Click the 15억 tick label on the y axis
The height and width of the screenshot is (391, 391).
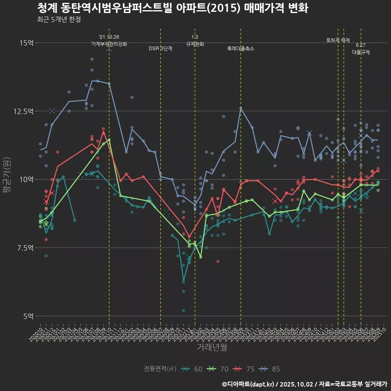coord(26,43)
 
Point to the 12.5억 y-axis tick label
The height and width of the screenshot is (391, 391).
coord(24,111)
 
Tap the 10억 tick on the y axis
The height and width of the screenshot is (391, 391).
coord(26,179)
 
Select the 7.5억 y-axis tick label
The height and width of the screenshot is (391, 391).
coord(25,248)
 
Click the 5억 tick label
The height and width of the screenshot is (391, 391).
coord(28,316)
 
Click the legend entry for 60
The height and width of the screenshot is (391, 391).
coord(192,369)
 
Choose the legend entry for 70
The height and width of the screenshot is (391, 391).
coord(218,369)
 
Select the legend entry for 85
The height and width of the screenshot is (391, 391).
coord(270,369)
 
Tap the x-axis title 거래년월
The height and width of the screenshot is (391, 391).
coord(212,347)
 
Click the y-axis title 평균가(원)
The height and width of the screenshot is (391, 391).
coord(7,179)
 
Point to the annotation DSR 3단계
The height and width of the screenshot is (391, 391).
coord(160,48)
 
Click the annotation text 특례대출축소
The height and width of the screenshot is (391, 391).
coord(241,48)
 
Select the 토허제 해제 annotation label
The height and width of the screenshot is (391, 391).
coord(338,40)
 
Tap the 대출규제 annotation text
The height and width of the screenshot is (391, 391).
coord(361,53)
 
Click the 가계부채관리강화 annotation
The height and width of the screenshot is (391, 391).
coord(109,44)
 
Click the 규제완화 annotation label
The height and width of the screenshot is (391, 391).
coord(195,44)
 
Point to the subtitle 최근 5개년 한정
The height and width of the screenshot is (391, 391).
coord(59,20)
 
